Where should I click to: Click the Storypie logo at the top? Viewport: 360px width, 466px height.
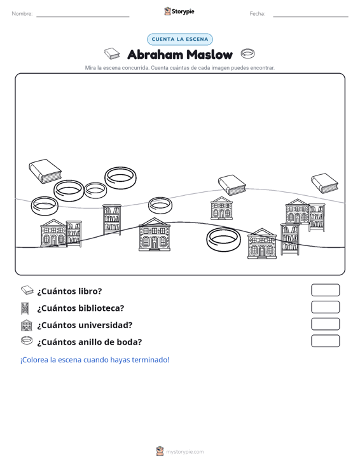[x=179, y=11]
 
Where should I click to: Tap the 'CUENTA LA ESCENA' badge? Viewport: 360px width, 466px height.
[x=180, y=39]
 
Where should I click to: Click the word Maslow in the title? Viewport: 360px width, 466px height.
[x=210, y=55]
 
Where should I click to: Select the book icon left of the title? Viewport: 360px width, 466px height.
[x=112, y=53]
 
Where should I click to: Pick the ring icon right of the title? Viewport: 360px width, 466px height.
[x=247, y=53]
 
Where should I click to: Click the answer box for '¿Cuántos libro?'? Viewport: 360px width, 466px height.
[x=325, y=290]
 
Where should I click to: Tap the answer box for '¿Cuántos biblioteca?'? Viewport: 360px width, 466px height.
[x=325, y=307]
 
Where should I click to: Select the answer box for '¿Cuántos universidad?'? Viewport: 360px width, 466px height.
[x=325, y=324]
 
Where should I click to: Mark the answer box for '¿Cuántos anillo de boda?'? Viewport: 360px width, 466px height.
[x=325, y=341]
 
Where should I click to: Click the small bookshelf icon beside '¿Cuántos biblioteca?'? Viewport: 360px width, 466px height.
[x=25, y=308]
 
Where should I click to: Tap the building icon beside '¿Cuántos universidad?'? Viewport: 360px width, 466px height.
[x=27, y=325]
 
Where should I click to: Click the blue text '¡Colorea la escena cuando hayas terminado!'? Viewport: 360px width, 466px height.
[x=95, y=360]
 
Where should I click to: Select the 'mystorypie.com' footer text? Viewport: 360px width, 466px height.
[x=185, y=452]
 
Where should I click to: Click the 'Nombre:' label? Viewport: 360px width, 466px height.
[x=22, y=14]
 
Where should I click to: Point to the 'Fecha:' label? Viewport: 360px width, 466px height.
[x=258, y=14]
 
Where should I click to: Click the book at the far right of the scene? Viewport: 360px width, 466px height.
[x=324, y=183]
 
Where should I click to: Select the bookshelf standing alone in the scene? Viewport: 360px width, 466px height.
[x=112, y=219]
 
